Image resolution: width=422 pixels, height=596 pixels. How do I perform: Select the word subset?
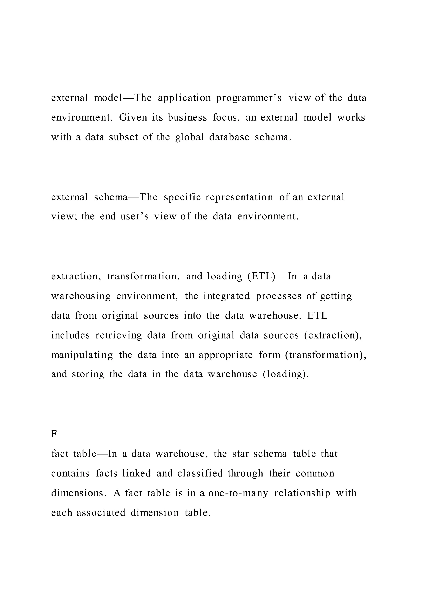(x=123, y=137)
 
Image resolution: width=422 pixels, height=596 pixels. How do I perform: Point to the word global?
(x=190, y=137)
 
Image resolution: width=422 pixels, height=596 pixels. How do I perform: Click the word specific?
(x=182, y=197)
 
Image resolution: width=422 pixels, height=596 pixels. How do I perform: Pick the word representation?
(x=239, y=197)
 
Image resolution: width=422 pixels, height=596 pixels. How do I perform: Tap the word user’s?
(x=135, y=217)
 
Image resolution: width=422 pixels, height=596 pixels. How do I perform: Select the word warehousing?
(x=81, y=296)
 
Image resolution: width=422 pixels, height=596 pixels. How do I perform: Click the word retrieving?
(x=119, y=335)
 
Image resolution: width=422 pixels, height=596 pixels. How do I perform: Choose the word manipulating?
(x=82, y=355)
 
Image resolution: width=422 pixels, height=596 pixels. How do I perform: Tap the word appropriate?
(x=226, y=355)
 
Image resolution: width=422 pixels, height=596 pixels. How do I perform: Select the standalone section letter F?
(x=54, y=434)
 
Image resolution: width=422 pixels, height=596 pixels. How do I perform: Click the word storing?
(x=88, y=374)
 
